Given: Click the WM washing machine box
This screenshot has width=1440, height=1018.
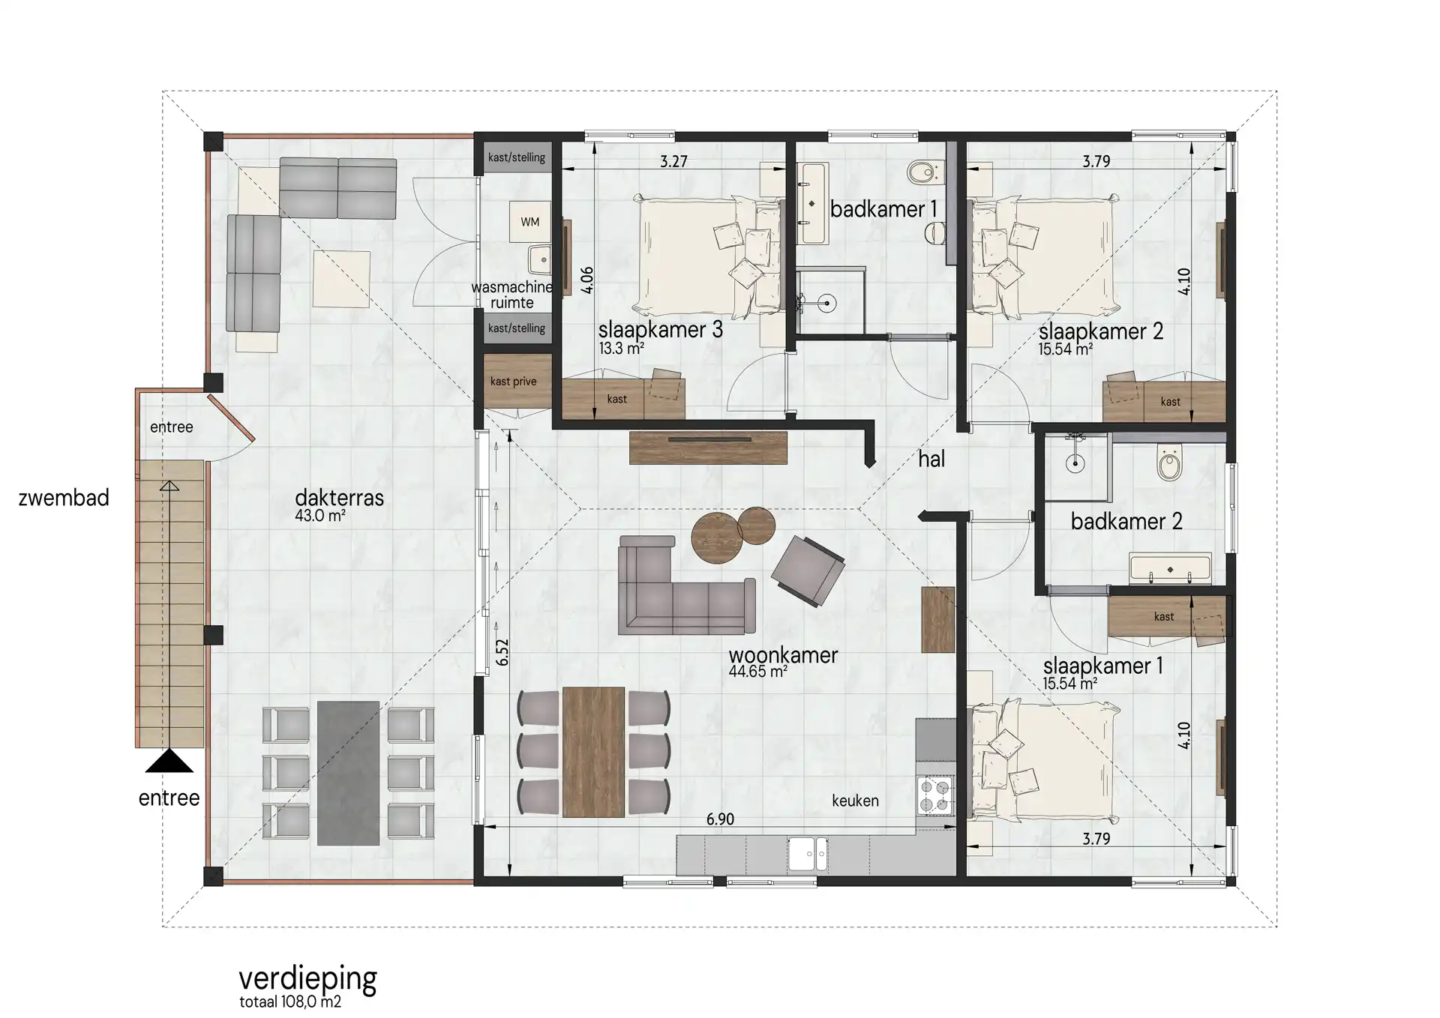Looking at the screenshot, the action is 530,221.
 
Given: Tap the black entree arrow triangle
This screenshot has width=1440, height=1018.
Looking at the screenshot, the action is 169,761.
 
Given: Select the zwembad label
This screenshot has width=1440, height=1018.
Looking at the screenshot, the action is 64,498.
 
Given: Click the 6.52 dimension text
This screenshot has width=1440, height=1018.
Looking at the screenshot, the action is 502,652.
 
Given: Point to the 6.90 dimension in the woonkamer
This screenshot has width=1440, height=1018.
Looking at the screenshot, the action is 720,819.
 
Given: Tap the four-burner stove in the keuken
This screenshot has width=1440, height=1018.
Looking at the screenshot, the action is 935,795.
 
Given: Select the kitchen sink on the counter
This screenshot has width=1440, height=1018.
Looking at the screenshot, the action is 808,855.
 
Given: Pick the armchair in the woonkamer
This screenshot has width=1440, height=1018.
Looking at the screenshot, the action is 808,570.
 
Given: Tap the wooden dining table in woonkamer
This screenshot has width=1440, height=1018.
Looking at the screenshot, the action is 593,752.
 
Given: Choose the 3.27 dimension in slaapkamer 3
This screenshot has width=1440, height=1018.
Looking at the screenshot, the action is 673,161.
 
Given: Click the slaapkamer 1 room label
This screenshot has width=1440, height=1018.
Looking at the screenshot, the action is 1102,666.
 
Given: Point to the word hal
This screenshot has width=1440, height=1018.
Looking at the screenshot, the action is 931,459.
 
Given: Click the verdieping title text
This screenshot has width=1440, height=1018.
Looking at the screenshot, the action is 307,978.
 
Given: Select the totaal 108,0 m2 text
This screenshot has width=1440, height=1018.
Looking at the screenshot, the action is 290,1002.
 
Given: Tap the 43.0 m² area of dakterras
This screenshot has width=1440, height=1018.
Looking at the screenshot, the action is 320,515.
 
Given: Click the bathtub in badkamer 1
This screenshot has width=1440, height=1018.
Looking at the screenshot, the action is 812,202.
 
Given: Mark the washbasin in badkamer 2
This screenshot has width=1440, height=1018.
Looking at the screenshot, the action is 1170,568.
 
